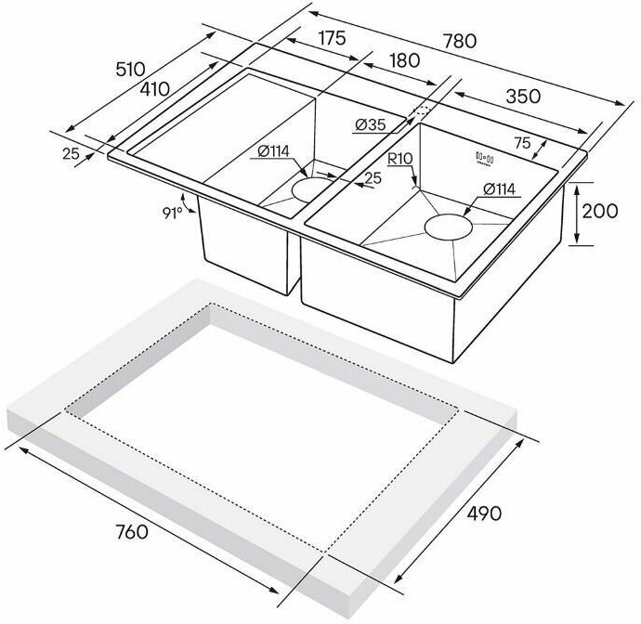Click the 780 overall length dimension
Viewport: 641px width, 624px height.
coord(460,41)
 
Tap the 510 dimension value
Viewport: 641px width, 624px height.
coord(130,69)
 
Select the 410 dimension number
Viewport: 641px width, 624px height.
coord(154,88)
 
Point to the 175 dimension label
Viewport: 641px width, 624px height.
coord(333,38)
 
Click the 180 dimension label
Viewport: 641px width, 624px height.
coord(405,60)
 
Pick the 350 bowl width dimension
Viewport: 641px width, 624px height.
coord(523,97)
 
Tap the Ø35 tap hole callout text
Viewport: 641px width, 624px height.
coord(371,124)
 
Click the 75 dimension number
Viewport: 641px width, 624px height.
coord(522,143)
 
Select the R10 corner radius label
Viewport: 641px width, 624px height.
coord(399,159)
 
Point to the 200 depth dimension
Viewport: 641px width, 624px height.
coord(600,212)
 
